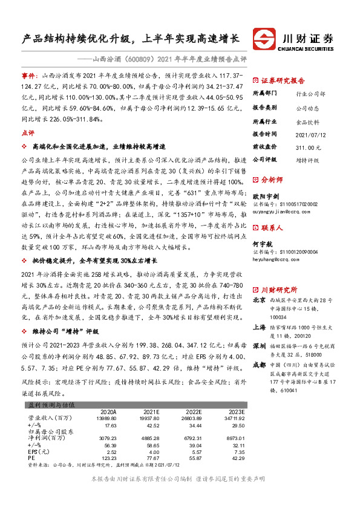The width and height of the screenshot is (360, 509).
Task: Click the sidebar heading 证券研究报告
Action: click(x=283, y=80)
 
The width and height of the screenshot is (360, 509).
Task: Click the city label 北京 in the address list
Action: click(x=258, y=300)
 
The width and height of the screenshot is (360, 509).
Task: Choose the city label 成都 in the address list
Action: click(x=258, y=365)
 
